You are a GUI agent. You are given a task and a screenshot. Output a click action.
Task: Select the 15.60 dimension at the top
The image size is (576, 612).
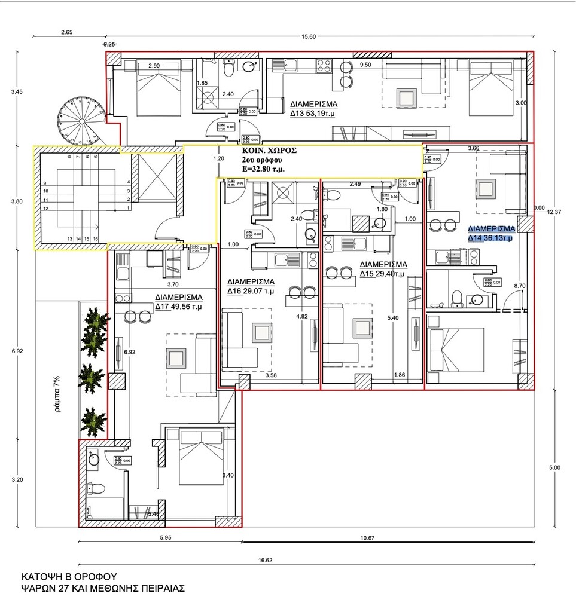309,37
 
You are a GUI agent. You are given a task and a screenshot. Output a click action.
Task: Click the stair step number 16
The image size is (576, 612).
96,239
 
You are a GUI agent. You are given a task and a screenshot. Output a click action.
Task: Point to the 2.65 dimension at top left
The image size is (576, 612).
66,33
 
